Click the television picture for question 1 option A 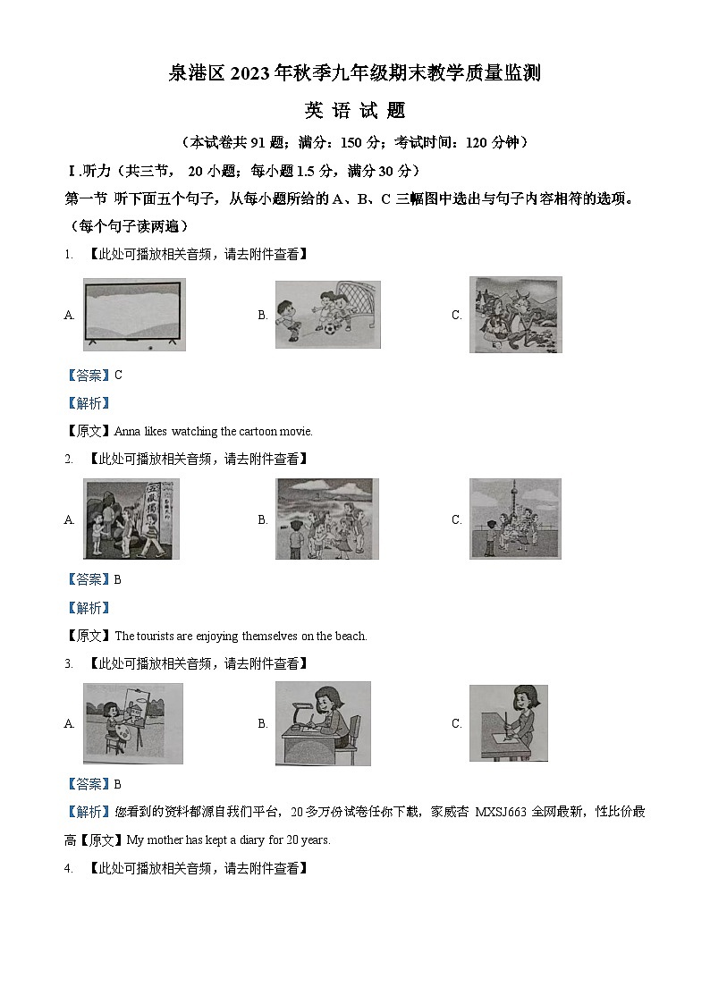click(x=133, y=314)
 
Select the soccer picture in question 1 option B click(x=327, y=314)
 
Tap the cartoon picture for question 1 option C click(x=515, y=314)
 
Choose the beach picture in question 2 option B click(x=326, y=519)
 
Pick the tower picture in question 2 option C click(x=515, y=519)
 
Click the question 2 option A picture click(x=131, y=519)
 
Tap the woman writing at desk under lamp click(x=322, y=723)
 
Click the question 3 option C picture click(x=508, y=723)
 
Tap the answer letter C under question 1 click(x=118, y=375)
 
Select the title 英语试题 click(x=355, y=111)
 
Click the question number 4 click(x=68, y=868)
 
